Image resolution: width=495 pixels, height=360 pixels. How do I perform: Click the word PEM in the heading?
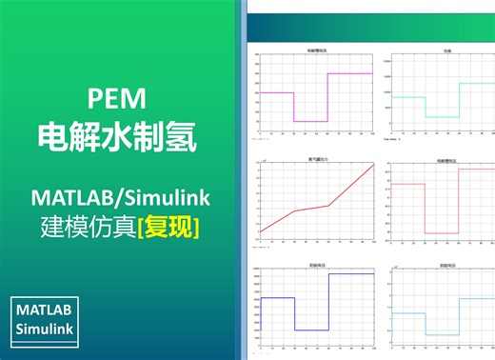click(x=115, y=97)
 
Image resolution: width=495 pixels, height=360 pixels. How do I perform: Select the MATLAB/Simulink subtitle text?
click(x=119, y=197)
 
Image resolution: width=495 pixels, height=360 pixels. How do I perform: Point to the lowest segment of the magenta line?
click(x=310, y=121)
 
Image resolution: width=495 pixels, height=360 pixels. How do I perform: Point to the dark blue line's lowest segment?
click(x=311, y=330)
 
